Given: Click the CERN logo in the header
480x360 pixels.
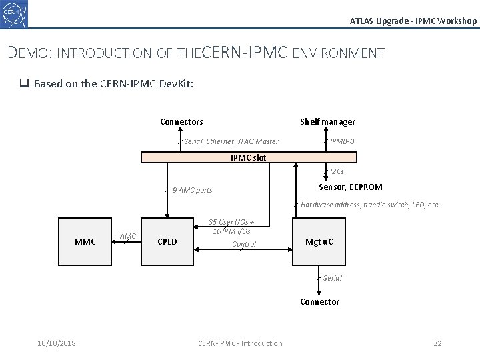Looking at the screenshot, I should click(15, 14).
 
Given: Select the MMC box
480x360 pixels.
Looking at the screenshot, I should click(85, 241).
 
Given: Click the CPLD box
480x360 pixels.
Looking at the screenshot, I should click(167, 241).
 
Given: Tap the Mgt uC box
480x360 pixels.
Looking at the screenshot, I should click(319, 241).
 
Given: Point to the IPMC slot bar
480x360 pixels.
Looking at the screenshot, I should click(249, 157).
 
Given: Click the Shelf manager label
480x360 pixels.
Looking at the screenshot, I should click(327, 122).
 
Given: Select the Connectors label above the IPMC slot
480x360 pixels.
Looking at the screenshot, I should click(181, 122).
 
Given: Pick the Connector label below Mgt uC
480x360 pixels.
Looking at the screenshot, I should click(319, 302).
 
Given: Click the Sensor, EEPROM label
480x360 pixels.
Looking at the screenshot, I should click(351, 187).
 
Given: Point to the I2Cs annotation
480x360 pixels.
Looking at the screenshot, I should click(337, 172).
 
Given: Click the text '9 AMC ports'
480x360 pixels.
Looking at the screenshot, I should click(192, 191).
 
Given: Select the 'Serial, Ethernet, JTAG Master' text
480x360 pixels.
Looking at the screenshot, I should click(231, 141).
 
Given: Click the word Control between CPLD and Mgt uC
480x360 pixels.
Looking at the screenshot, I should click(244, 245).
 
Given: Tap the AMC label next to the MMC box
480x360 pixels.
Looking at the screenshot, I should click(128, 236).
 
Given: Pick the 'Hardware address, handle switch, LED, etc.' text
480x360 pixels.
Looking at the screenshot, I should click(370, 205).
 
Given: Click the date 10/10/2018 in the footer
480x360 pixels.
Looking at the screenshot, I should click(57, 343).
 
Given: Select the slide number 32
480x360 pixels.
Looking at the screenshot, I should click(437, 343).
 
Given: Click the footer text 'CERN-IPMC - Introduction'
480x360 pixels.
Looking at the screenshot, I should click(240, 343).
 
